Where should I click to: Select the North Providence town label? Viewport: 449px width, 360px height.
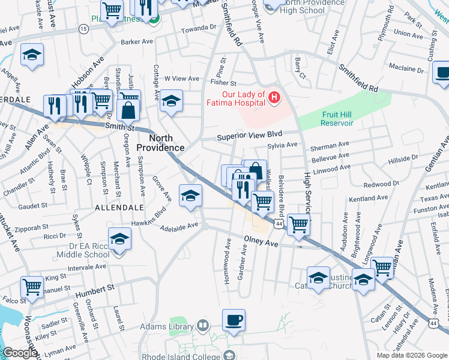pyautogui.click(x=162, y=142)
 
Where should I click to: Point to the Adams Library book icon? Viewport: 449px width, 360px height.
pyautogui.click(x=203, y=326)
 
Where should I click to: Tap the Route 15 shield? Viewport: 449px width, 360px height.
pyautogui.click(x=83, y=29)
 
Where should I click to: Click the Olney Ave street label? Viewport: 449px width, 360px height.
pyautogui.click(x=261, y=244)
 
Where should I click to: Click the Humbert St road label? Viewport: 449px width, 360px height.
pyautogui.click(x=95, y=291)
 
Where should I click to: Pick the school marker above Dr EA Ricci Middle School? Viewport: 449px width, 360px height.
pyautogui.click(x=119, y=238)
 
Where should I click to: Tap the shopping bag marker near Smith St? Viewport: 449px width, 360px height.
pyautogui.click(x=129, y=109)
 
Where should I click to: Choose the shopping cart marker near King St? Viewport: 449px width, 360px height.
pyautogui.click(x=31, y=286)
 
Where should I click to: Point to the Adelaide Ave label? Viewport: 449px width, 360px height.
pyautogui.click(x=179, y=226)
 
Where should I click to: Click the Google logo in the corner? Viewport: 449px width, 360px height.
pyautogui.click(x=20, y=353)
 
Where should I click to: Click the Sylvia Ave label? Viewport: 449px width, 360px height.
pyautogui.click(x=282, y=145)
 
